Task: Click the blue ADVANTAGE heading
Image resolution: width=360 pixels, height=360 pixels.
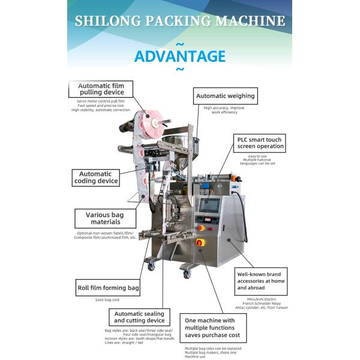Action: coord(180,56)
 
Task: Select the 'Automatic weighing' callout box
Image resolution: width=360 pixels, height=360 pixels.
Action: coord(226,95)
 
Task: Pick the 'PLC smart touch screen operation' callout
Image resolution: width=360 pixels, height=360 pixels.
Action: coord(260,142)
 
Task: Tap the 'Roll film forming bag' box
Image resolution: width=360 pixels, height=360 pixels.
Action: coord(108,288)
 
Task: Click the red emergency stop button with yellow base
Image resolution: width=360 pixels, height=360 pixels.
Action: coord(201,242)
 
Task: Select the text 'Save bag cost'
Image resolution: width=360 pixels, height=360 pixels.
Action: coord(108,299)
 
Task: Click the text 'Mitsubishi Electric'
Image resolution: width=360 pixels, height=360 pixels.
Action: coord(262,298)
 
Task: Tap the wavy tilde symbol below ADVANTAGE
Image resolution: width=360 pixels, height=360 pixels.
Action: coord(180,70)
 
